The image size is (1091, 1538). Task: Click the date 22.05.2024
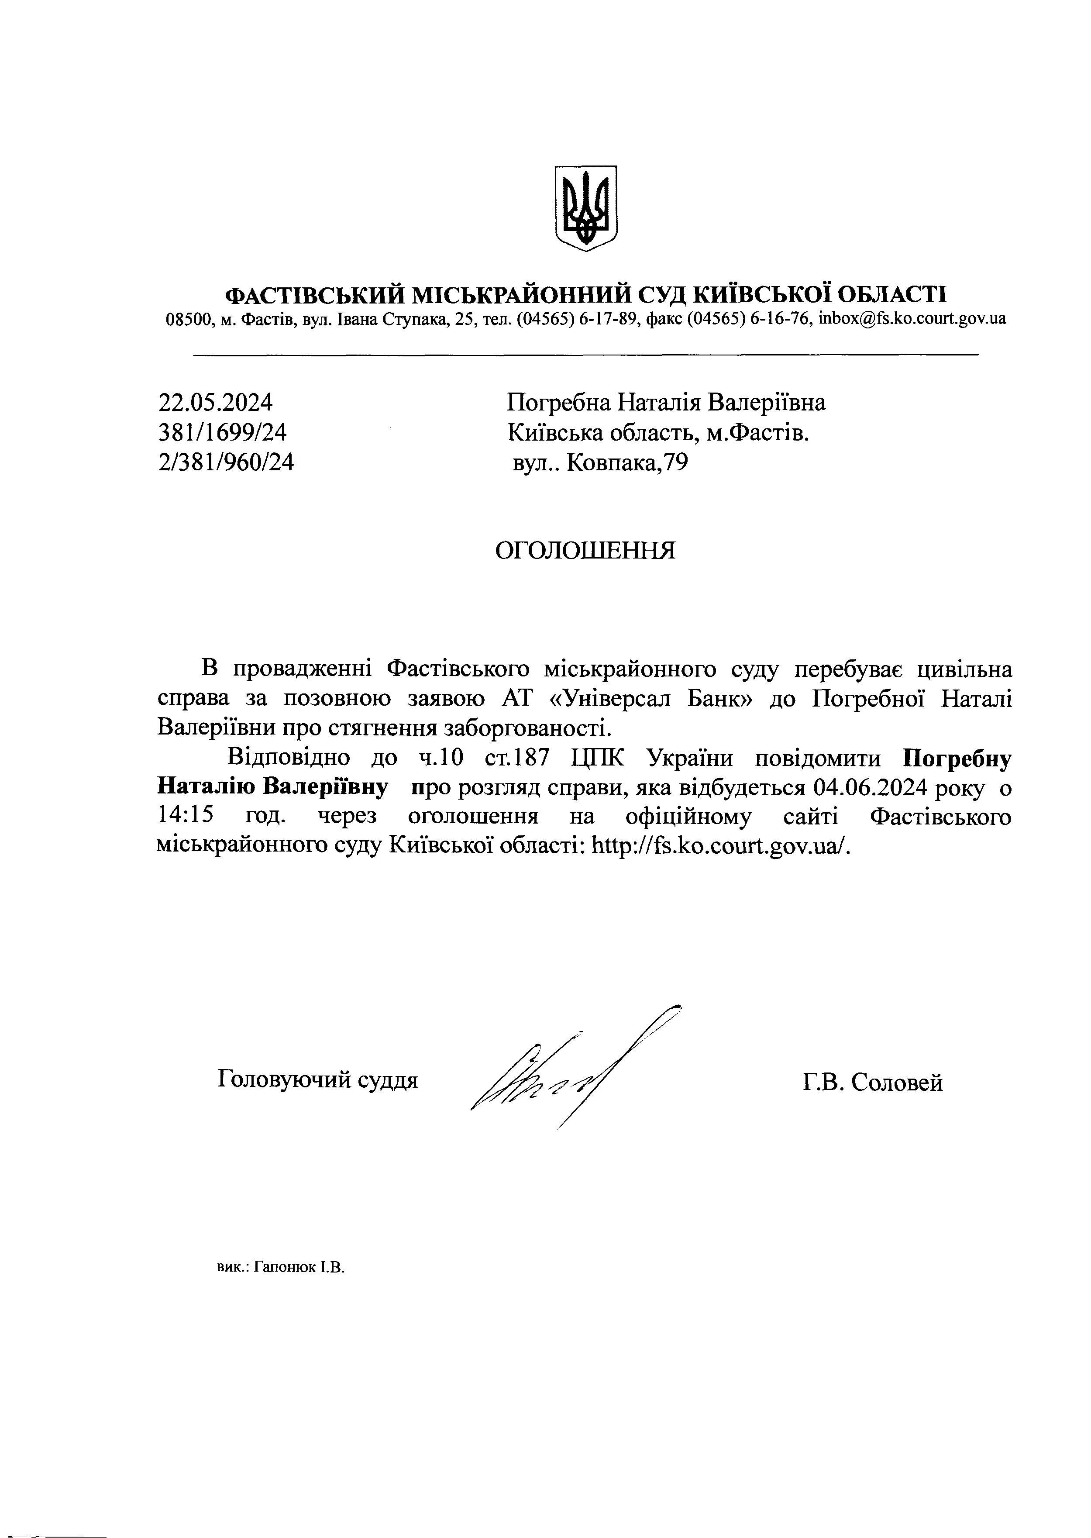pyautogui.click(x=216, y=403)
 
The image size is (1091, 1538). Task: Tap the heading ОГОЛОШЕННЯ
pyautogui.click(x=585, y=551)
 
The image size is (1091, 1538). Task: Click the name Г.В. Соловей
pyautogui.click(x=872, y=1083)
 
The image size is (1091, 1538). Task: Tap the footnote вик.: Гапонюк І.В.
pyautogui.click(x=280, y=1268)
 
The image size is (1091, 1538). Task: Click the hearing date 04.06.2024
pyautogui.click(x=870, y=787)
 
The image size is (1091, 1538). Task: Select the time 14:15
pyautogui.click(x=186, y=816)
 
